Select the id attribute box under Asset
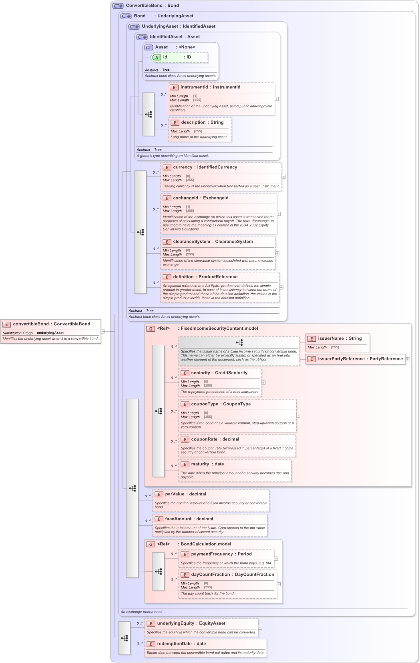(x=180, y=57)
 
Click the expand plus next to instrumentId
(x=277, y=99)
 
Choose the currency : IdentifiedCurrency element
(x=205, y=167)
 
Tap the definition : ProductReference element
(x=205, y=277)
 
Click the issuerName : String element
(x=340, y=339)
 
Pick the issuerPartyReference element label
(x=360, y=359)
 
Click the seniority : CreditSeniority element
(x=219, y=373)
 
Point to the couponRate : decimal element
(x=215, y=439)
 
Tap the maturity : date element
(x=207, y=464)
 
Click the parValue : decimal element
(x=185, y=494)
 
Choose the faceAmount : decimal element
(x=189, y=519)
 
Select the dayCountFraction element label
(x=232, y=575)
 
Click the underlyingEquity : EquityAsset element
(x=191, y=623)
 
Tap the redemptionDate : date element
(x=181, y=644)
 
